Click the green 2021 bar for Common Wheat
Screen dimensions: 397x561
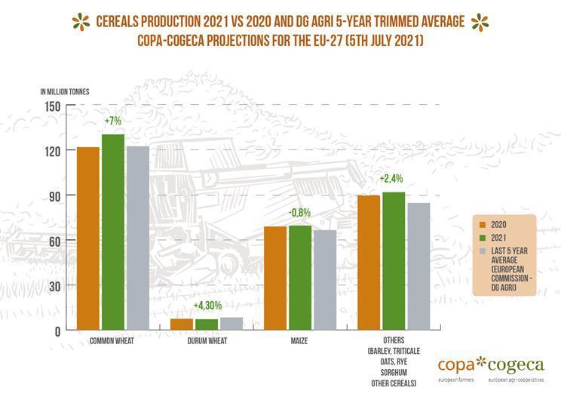[113, 232]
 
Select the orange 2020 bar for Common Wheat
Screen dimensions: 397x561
[88, 238]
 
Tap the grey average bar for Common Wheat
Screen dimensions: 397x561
[137, 238]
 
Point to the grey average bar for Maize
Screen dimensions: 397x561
[324, 280]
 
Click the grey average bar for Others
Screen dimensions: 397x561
[418, 266]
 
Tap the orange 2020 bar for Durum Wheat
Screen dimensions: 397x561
[182, 324]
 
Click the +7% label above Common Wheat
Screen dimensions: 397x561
[113, 121]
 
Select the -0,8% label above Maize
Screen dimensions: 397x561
[299, 213]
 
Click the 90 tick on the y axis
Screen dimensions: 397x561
[53, 195]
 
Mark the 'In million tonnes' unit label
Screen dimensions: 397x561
[65, 92]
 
